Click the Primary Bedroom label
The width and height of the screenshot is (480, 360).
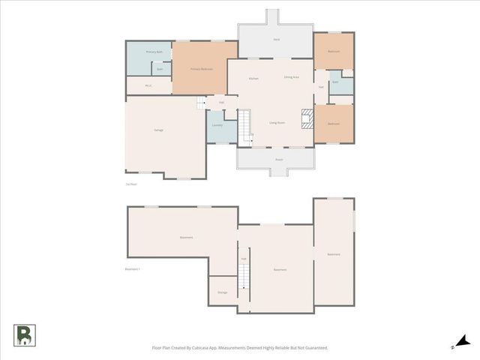tap(202, 69)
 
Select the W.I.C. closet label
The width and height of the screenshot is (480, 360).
tap(148, 85)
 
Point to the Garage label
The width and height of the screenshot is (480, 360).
tap(159, 130)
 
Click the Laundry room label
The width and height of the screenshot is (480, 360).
tap(217, 125)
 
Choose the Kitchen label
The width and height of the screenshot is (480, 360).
tap(253, 78)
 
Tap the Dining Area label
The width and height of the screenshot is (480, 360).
tap(291, 77)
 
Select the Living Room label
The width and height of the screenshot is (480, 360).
tap(277, 123)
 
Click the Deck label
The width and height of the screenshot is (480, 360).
tap(277, 37)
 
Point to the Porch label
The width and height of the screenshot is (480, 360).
tap(279, 160)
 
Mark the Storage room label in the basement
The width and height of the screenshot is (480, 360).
tap(222, 292)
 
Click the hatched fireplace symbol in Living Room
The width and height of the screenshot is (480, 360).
tap(305, 118)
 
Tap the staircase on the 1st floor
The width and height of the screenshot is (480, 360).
tap(246, 127)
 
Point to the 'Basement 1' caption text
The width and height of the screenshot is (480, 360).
tap(133, 268)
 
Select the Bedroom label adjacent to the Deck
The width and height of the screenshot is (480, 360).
tap(334, 51)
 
